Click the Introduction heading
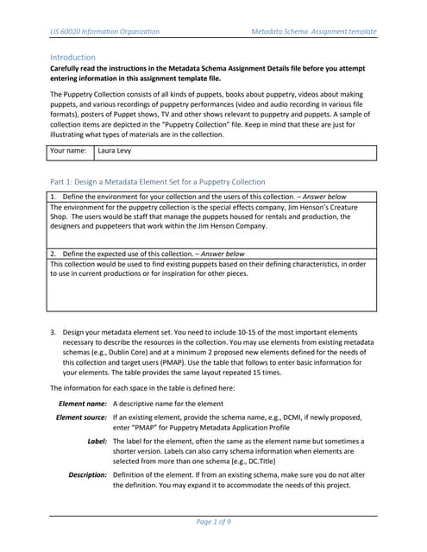tap(73, 57)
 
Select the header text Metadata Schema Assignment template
tap(313, 32)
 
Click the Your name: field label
tap(70, 151)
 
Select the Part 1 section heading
tap(158, 182)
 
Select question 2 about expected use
tap(147, 254)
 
